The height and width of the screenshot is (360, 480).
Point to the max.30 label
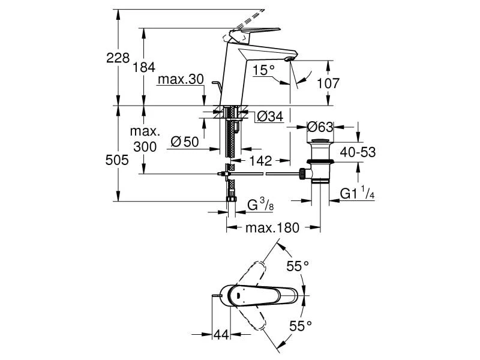click(x=181, y=80)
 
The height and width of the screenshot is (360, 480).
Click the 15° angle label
click(x=263, y=70)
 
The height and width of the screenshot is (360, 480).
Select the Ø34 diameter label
click(x=269, y=117)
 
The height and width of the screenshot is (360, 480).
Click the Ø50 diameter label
click(x=184, y=142)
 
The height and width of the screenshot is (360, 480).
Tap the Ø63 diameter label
click(x=320, y=127)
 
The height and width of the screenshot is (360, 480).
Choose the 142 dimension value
click(x=260, y=161)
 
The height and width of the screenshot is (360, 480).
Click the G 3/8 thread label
click(x=262, y=206)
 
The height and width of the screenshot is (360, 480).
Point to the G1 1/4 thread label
click(x=358, y=193)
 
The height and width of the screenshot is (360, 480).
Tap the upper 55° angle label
click(x=297, y=265)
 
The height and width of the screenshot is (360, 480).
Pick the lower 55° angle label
click(x=301, y=326)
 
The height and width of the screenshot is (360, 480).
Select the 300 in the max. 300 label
click(x=145, y=147)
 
